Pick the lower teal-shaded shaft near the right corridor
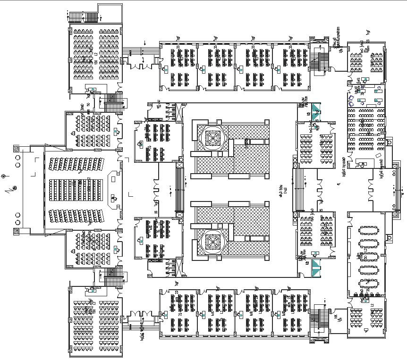click(x=314, y=268)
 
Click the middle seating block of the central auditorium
click(x=76, y=189)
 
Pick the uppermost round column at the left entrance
click(x=17, y=156)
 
